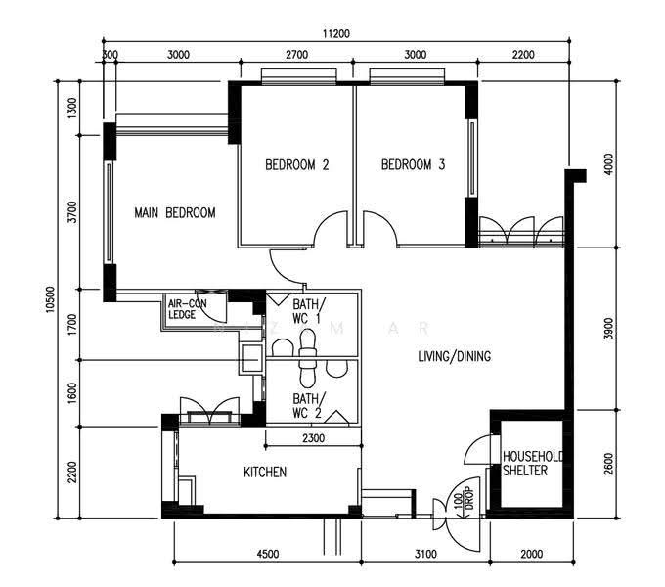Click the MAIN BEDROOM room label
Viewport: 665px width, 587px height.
175,212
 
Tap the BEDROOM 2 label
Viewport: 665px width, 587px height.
297,164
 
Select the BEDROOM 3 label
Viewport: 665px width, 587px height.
413,164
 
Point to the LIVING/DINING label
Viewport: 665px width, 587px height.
454,356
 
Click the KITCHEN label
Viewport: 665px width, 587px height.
265,473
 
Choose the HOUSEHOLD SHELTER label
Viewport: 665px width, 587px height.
533,463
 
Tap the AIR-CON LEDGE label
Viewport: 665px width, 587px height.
188,309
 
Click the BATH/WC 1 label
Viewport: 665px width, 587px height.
309,311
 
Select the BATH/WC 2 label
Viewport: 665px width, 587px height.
309,405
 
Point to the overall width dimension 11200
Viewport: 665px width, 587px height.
336,33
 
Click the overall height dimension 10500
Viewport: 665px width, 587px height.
51,299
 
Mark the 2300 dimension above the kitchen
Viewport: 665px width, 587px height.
313,438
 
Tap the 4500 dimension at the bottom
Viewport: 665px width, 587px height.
268,554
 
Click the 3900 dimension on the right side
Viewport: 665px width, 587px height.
609,329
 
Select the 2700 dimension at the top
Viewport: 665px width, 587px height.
297,54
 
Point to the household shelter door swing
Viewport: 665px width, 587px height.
475,443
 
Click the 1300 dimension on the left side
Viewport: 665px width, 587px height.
73,108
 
